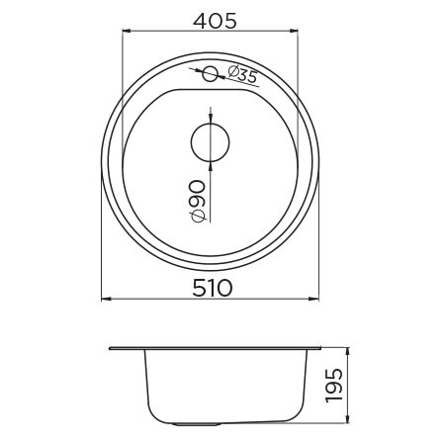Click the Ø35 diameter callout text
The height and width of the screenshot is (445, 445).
pos(242,73)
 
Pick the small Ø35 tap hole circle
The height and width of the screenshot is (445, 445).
pos(210,72)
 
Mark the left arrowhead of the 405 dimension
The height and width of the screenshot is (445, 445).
pos(126,31)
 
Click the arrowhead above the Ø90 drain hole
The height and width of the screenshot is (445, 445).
pos(210,117)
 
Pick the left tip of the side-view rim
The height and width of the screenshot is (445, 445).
pos(109,348)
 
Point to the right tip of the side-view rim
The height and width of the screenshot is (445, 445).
pos(322,348)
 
